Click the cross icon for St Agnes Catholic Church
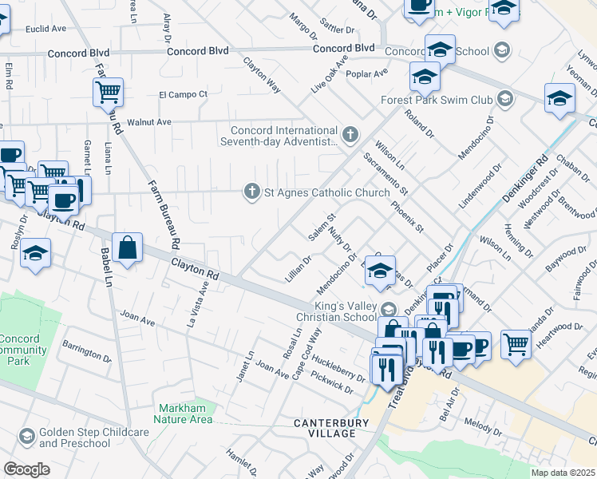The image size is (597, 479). click(251, 191)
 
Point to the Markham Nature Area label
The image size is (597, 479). click(185, 414)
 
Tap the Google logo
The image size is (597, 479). click(26, 469)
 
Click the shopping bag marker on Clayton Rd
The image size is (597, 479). click(127, 247)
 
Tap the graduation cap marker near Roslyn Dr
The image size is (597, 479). click(34, 254)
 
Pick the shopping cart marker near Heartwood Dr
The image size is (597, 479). click(516, 344)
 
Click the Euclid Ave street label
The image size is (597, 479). click(46, 28)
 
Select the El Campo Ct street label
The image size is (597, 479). click(183, 93)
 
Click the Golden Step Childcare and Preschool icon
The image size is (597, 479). click(27, 436)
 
